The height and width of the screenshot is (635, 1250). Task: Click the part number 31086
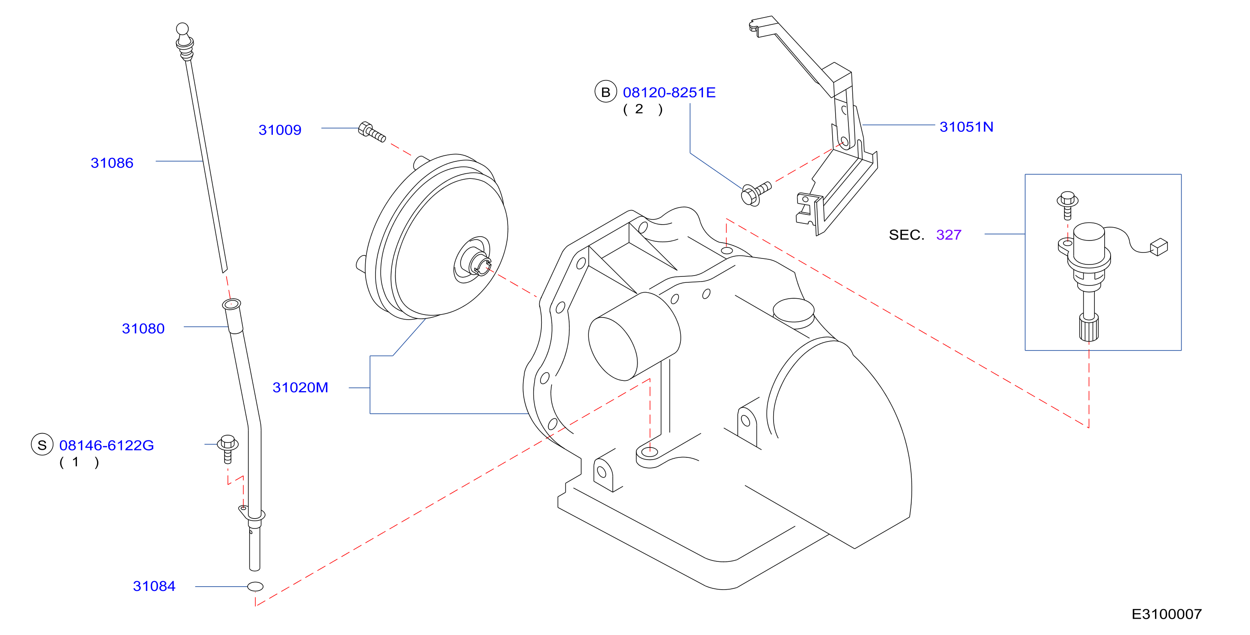(x=112, y=163)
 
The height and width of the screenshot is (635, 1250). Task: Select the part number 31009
(x=280, y=130)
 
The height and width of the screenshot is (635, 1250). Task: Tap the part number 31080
(x=143, y=328)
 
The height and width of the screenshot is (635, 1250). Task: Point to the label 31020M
(x=300, y=387)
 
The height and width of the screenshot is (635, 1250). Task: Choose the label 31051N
(x=966, y=127)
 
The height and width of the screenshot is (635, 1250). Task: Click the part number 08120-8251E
(x=669, y=92)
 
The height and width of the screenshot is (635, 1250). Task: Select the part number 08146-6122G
(x=106, y=445)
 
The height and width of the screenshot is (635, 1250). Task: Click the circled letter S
(x=42, y=445)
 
